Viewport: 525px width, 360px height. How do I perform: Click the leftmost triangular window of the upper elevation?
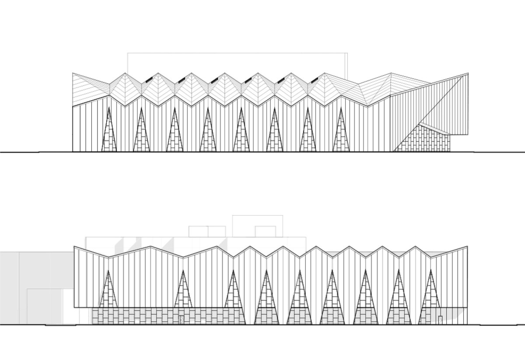click(x=108, y=136)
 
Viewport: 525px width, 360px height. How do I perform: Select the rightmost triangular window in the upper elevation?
click(x=341, y=136)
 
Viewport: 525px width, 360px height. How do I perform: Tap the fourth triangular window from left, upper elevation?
click(x=207, y=136)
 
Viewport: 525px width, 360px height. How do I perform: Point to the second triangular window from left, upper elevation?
click(x=141, y=136)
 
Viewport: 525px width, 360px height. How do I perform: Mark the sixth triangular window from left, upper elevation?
click(x=274, y=136)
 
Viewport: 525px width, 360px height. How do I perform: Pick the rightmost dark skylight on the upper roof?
click(x=315, y=80)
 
